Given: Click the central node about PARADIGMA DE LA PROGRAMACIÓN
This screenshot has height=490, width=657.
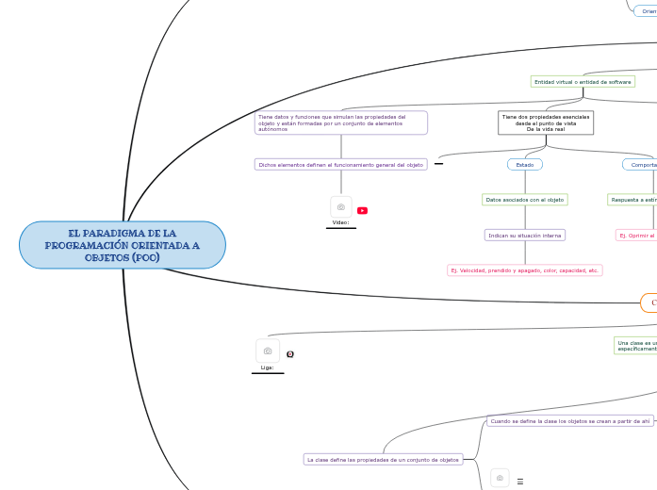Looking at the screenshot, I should coord(123,245).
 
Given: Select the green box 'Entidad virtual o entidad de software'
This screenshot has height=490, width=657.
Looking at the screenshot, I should coord(583,82).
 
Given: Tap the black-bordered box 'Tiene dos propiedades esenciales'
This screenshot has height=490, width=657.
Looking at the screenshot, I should coord(546,122).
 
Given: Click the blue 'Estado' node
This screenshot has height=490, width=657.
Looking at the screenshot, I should coord(524,164).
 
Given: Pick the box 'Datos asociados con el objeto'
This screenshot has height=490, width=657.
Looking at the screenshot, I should coord(524,200).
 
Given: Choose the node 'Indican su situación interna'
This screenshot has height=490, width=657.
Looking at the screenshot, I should coord(524,235).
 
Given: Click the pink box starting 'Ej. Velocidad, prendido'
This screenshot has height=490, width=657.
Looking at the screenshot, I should coord(524,269).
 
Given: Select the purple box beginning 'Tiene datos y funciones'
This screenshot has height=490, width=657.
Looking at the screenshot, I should coord(340,122).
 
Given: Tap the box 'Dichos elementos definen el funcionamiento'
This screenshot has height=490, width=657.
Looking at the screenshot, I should coord(340,164).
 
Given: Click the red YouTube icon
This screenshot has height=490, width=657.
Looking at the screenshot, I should coord(362,210).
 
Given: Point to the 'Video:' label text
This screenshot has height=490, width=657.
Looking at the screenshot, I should coord(340,222).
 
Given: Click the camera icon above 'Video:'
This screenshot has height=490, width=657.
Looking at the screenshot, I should coord(340,206).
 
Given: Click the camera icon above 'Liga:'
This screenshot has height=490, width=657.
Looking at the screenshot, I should coord(268,351).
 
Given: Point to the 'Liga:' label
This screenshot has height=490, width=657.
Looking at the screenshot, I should coord(268,367).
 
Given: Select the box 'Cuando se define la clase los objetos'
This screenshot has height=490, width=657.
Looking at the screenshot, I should coord(570,421).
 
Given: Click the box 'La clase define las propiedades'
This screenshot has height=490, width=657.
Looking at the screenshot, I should coord(383,459).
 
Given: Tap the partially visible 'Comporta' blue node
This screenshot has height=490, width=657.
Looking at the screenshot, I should coord(641,164).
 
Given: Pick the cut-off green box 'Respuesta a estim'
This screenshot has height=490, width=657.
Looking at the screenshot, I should coord(632,200).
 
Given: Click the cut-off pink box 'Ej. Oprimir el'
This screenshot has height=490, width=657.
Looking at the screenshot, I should coord(636,235).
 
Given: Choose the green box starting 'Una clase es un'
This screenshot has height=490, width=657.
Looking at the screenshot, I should coord(635,345).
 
